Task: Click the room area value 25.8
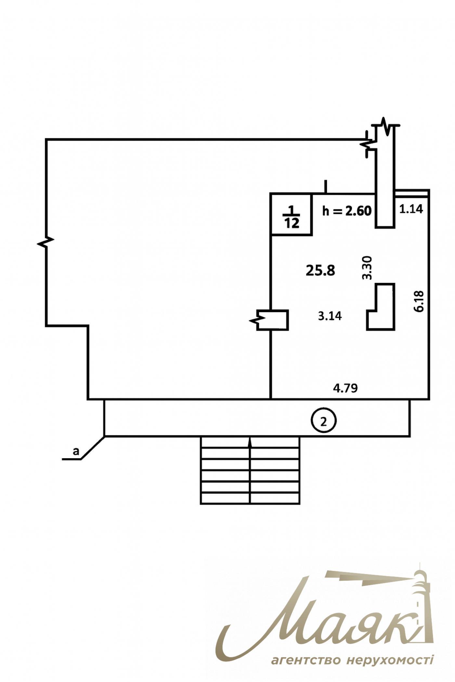point(320,270)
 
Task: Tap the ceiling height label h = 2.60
point(346,211)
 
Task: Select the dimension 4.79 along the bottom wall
point(345,388)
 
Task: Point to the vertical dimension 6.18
point(419,301)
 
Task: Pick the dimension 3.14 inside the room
point(330,316)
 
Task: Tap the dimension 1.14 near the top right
point(411,209)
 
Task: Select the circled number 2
point(324,421)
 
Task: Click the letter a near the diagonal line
point(76,451)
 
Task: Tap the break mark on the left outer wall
point(46,242)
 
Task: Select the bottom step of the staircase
point(250,498)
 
